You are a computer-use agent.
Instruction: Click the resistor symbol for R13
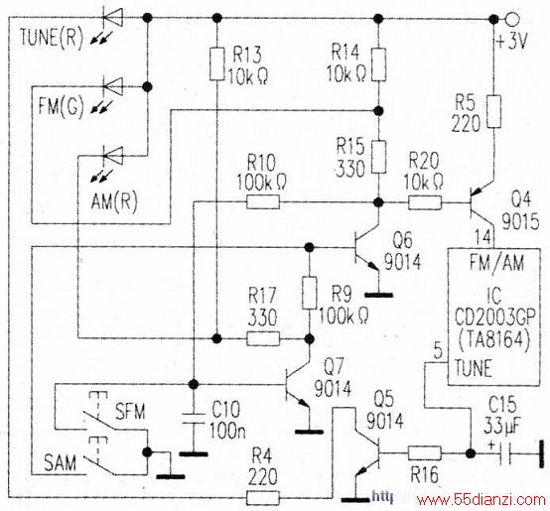(x=217, y=64)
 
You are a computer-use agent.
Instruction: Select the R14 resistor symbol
(x=378, y=64)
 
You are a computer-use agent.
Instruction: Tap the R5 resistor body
(x=493, y=111)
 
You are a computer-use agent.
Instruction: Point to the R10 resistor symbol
(x=263, y=202)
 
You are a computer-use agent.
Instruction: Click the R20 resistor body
(x=425, y=202)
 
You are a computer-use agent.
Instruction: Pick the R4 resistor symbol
(x=263, y=497)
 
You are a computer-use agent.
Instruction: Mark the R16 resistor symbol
(x=425, y=452)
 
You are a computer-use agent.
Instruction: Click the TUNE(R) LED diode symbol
(x=112, y=17)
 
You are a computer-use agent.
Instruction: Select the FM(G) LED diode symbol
(x=112, y=86)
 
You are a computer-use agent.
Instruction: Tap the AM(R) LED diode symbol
(x=112, y=156)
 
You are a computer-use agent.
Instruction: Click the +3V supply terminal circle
(x=511, y=19)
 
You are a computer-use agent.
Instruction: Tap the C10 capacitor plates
(x=193, y=419)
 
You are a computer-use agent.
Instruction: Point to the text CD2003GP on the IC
(x=495, y=318)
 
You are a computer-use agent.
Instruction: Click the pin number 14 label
(x=483, y=237)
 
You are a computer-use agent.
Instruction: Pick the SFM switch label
(x=130, y=411)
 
